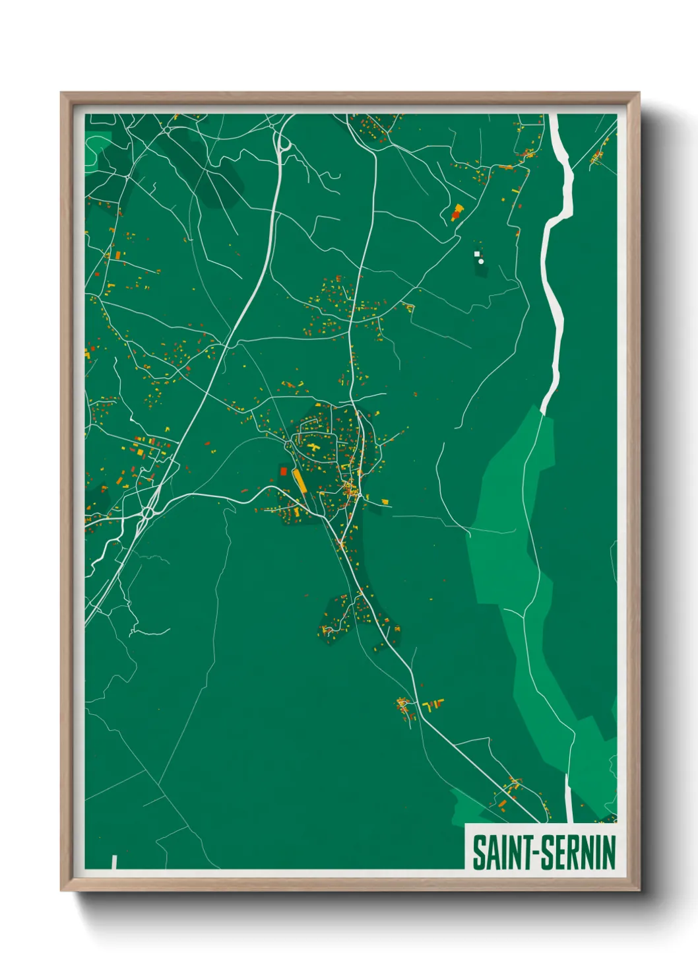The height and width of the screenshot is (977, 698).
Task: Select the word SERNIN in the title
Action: click(x=579, y=853)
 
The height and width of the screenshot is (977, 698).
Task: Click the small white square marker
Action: click(x=476, y=253)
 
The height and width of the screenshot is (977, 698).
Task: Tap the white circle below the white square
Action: click(x=481, y=261)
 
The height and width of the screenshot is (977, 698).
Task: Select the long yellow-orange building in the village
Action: click(x=300, y=481)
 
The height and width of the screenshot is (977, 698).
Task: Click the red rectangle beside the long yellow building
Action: click(x=284, y=471)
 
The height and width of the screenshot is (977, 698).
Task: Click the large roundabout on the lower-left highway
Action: click(x=147, y=512)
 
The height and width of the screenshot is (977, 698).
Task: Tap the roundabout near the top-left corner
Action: click(x=166, y=129)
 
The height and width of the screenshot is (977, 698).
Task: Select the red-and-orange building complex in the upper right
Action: click(x=457, y=213)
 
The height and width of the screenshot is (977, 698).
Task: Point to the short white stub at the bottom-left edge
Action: click(x=114, y=861)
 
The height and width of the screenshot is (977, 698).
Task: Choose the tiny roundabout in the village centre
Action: click(x=349, y=489)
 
